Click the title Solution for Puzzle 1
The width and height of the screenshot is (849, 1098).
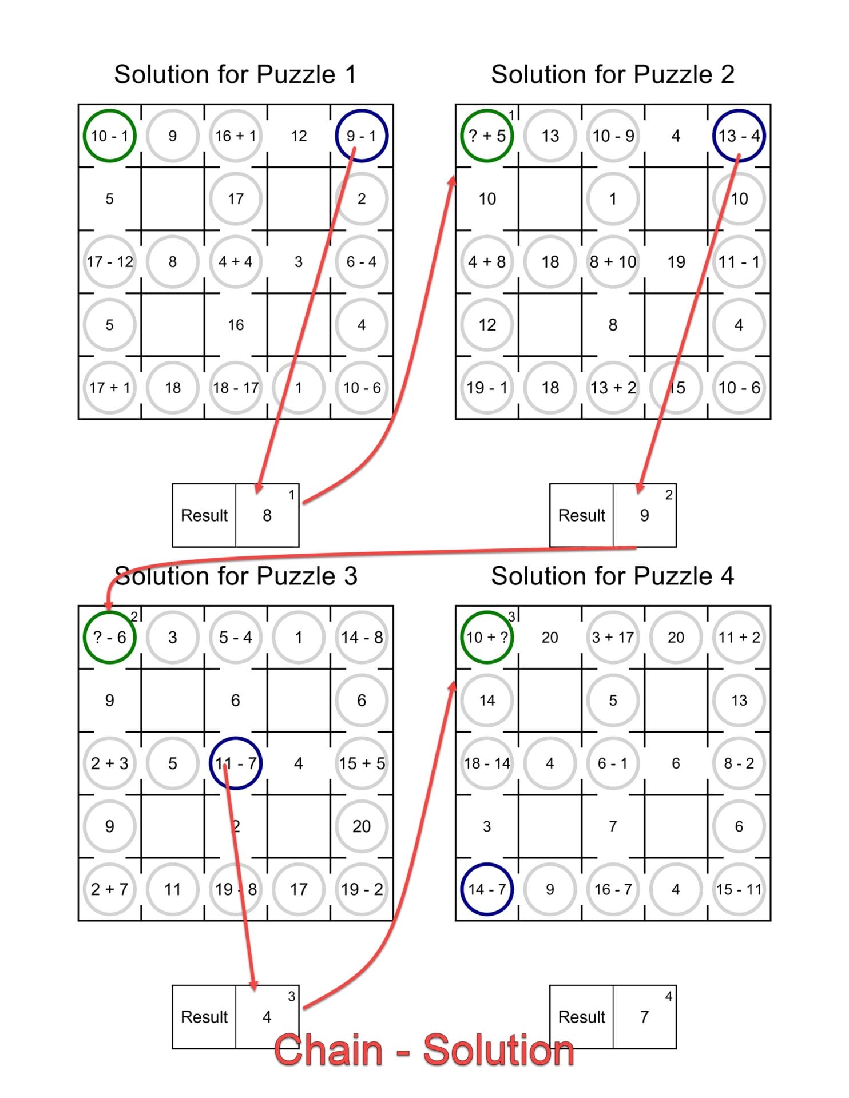click(235, 74)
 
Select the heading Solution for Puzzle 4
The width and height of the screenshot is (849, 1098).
click(612, 576)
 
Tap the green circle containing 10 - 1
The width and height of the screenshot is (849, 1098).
click(109, 136)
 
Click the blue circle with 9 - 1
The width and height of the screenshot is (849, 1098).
click(362, 136)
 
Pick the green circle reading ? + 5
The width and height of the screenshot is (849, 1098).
click(487, 136)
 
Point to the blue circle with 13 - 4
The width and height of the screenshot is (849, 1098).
click(739, 136)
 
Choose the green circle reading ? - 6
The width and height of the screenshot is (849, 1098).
click(109, 637)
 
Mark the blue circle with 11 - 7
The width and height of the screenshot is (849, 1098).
click(235, 763)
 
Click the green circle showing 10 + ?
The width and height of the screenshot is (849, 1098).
click(487, 637)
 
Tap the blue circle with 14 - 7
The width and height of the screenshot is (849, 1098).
click(487, 889)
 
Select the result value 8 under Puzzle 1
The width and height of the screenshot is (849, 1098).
click(267, 515)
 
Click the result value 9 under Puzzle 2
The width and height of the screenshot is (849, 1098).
click(645, 515)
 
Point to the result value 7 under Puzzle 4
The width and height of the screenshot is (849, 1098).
click(645, 1017)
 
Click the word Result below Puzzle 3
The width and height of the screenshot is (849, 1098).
click(204, 1017)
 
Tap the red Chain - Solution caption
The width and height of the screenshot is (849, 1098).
click(424, 1050)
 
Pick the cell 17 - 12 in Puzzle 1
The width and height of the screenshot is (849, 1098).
click(109, 261)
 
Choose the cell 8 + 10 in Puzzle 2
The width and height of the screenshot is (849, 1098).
click(613, 261)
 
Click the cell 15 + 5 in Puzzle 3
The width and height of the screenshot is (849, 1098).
click(362, 763)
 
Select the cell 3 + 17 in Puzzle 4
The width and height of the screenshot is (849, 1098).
click(613, 637)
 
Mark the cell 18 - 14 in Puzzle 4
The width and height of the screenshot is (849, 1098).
click(487, 763)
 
